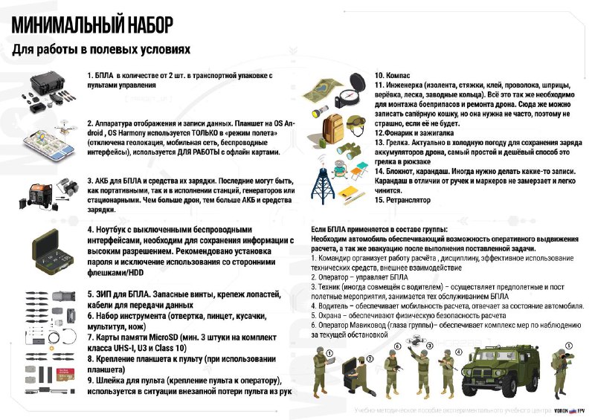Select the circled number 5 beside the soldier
(x=569, y=346)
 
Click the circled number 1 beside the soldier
(x=328, y=354)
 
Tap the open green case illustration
(x=49, y=251)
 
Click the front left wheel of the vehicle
(x=480, y=386)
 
